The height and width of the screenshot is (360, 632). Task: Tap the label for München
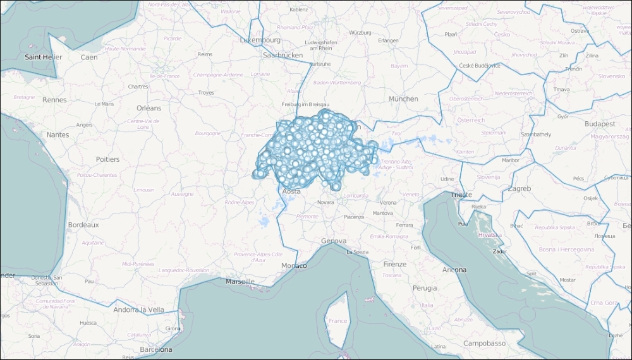click(x=403, y=99)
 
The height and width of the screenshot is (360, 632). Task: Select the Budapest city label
click(x=600, y=124)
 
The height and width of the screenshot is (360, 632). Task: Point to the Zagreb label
click(x=519, y=189)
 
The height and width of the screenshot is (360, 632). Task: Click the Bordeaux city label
click(x=83, y=225)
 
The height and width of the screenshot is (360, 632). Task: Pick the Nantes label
click(x=58, y=135)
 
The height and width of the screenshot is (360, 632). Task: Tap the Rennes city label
click(x=54, y=100)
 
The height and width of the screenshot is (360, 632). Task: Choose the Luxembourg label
click(x=260, y=40)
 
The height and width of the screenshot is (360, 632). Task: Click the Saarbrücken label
click(x=283, y=56)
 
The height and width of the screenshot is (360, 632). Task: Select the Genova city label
click(x=334, y=241)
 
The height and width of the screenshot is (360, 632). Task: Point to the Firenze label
click(x=395, y=264)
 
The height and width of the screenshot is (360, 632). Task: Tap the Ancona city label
click(x=454, y=270)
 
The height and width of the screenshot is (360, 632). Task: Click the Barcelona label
click(x=156, y=349)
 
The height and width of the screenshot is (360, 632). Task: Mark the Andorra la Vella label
click(x=139, y=309)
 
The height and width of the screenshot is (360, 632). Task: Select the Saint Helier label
click(x=43, y=57)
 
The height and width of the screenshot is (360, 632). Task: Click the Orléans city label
click(x=149, y=108)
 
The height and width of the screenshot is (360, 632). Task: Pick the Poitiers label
click(x=107, y=159)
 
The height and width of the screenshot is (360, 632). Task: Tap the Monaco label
click(x=294, y=266)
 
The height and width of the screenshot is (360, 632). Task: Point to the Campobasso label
click(x=484, y=344)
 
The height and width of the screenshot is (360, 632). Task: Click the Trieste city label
click(x=461, y=195)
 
